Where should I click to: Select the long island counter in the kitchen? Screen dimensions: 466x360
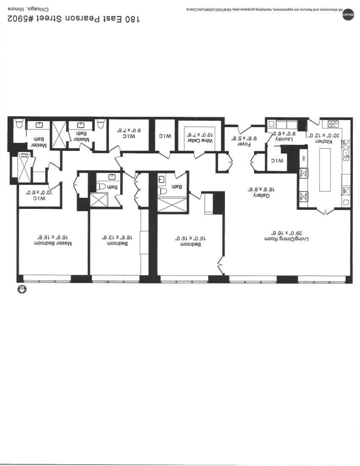coord(326,170)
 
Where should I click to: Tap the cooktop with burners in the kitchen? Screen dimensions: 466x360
coord(333,124)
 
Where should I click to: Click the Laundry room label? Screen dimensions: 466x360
coord(285,139)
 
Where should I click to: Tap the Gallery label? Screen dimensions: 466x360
coord(261,195)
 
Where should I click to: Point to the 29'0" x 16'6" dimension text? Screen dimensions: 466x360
coord(288,232)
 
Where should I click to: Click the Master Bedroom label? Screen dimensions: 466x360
coord(54,243)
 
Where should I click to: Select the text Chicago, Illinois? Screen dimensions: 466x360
coord(27,9)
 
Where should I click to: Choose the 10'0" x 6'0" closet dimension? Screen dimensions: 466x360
coord(40,193)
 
